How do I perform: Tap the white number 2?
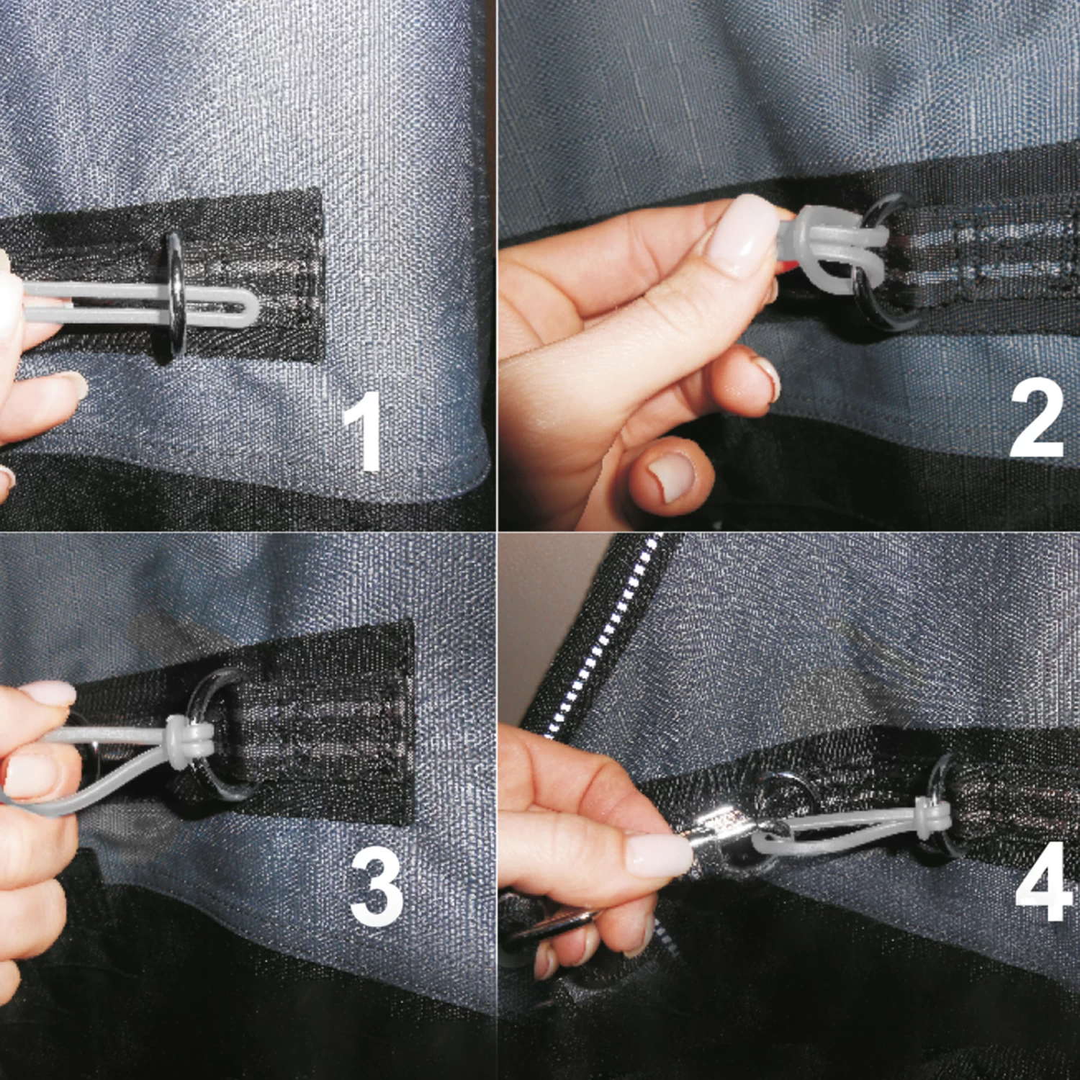click(x=1037, y=418)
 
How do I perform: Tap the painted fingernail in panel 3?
click(x=49, y=693)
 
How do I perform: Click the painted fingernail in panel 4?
click(x=659, y=853)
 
